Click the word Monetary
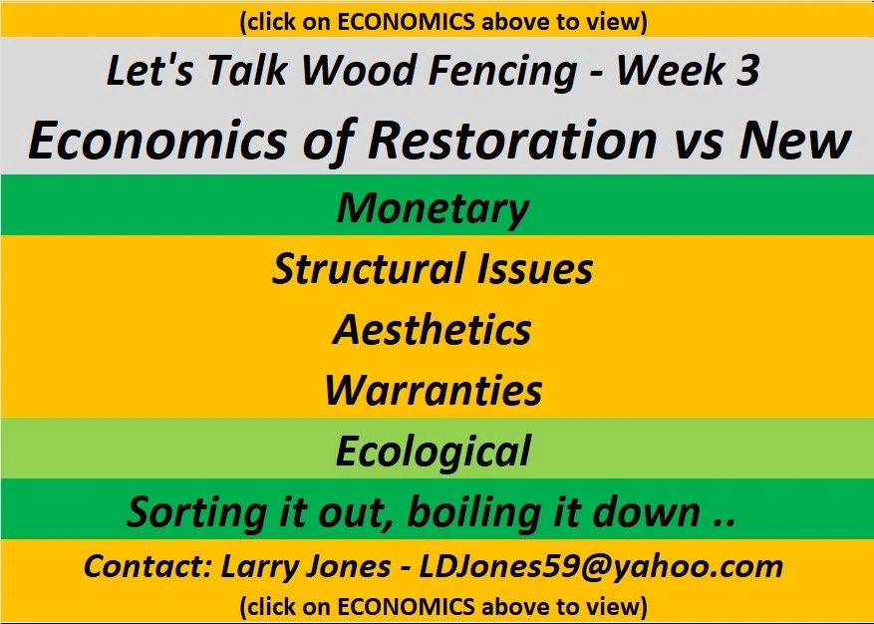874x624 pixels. [433, 209]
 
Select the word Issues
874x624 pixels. [534, 268]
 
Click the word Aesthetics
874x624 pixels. [432, 329]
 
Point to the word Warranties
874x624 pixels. [434, 390]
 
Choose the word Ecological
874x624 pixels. [433, 452]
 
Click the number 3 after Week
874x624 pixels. [746, 70]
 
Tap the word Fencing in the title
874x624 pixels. [502, 72]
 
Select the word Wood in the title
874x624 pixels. [358, 70]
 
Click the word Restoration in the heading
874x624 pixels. [511, 140]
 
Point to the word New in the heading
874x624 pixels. [795, 140]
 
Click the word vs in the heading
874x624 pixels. [698, 145]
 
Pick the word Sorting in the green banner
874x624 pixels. [196, 512]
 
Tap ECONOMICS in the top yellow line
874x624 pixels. [407, 22]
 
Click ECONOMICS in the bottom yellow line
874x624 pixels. [407, 606]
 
